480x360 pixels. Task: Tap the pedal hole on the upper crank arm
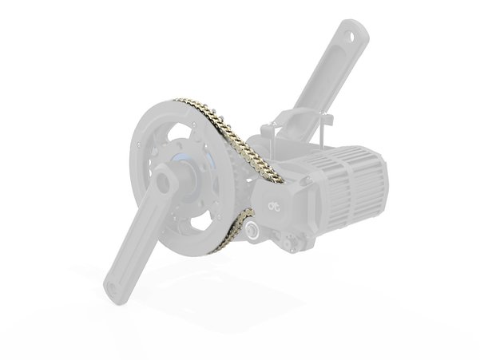pos(349,36)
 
